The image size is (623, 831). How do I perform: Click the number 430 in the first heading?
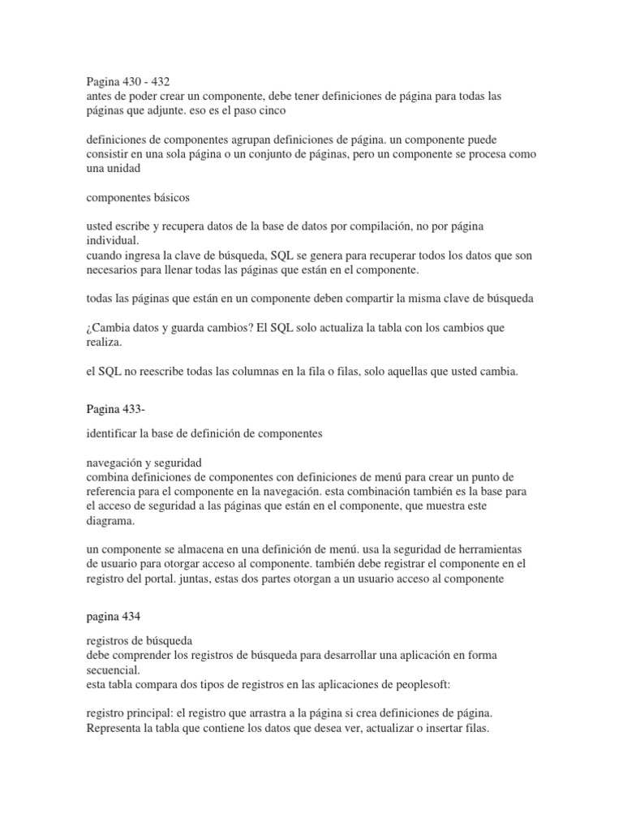point(134,81)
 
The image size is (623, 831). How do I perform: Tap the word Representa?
point(114,729)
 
